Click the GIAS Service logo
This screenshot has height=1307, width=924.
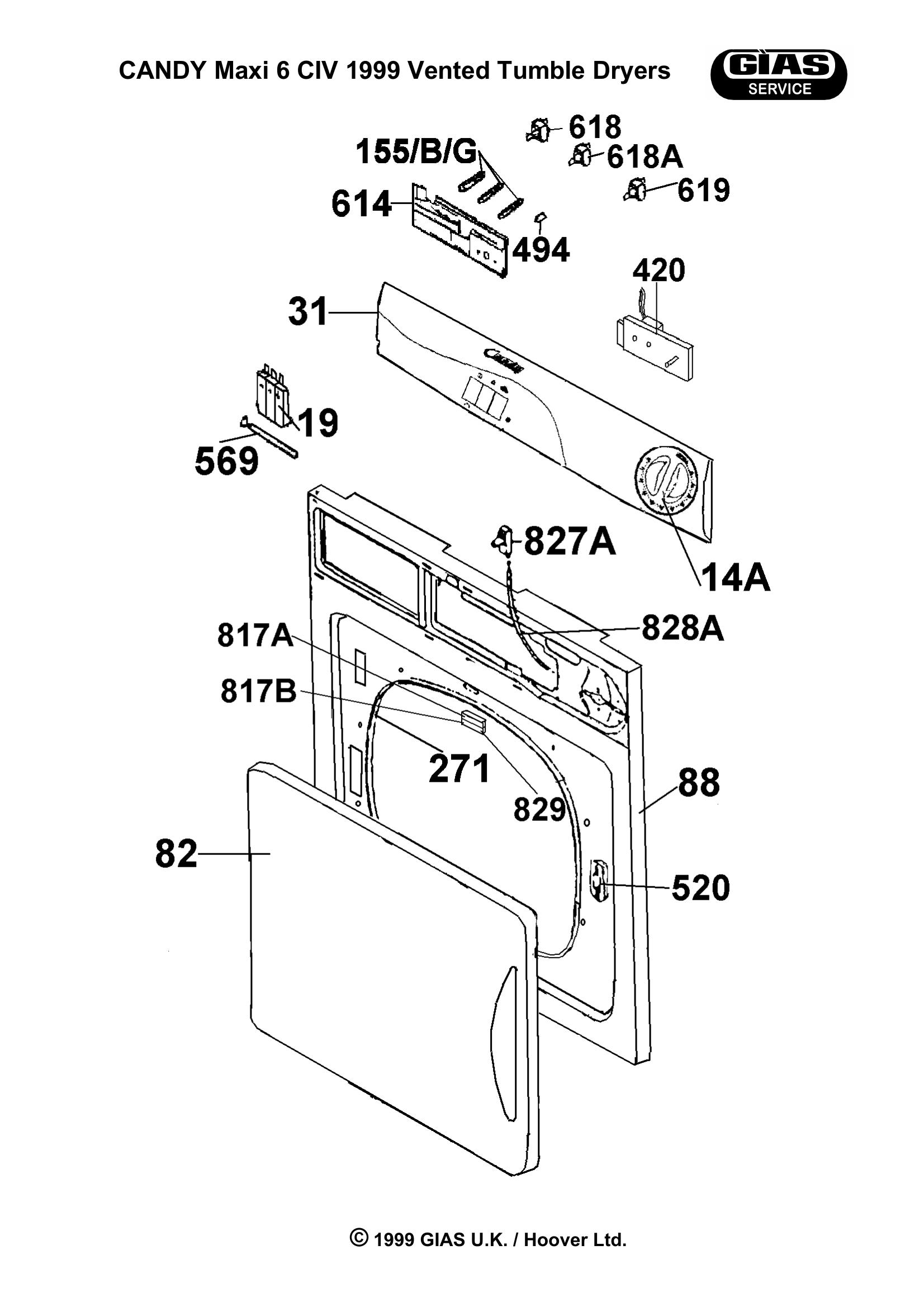pyautogui.click(x=779, y=74)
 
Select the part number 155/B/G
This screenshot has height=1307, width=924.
pyautogui.click(x=416, y=152)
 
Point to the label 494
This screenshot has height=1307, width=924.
pyautogui.click(x=541, y=249)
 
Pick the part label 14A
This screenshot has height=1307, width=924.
pyautogui.click(x=735, y=578)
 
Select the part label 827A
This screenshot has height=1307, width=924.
pyautogui.click(x=569, y=541)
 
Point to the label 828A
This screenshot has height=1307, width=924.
pyautogui.click(x=683, y=629)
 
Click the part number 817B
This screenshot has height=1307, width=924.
pyautogui.click(x=258, y=691)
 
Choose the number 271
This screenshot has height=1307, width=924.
pyautogui.click(x=459, y=768)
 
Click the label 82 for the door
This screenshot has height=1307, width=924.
pyautogui.click(x=176, y=854)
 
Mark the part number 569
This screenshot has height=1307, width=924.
pyautogui.click(x=226, y=460)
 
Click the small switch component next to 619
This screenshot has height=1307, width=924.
pyautogui.click(x=636, y=189)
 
